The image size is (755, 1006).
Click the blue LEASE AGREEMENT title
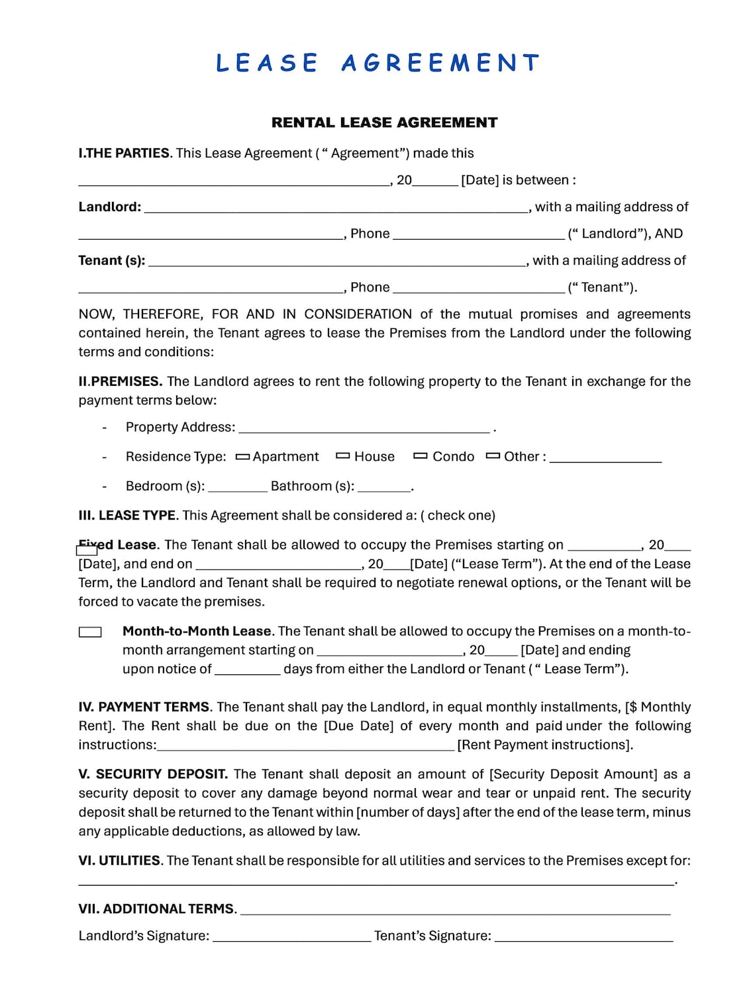pos(377,63)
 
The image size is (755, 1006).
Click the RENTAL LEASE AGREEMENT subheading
pos(384,122)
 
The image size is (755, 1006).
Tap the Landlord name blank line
pos(336,208)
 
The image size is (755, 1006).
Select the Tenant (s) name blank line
pos(336,262)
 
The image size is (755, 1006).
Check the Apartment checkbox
pos(242,457)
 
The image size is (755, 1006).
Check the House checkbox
pos(342,456)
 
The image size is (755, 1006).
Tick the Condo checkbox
pos(420,456)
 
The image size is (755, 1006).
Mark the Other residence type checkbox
pos(492,456)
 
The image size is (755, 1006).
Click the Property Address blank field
pos(364,429)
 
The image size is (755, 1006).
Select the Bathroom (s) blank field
pos(383,488)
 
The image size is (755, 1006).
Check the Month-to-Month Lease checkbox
pos(90,632)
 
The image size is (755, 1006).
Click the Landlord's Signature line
pos(291,937)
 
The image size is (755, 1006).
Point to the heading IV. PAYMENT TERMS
pos(144,707)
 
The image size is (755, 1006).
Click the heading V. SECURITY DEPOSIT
pos(153,774)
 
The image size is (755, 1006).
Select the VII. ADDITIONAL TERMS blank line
pos(455,911)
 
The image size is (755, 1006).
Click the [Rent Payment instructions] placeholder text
pos(544,745)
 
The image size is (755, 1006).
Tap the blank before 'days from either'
pos(247,670)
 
